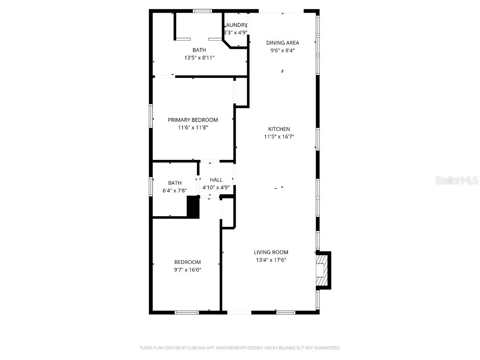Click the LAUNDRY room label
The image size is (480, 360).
point(236,25)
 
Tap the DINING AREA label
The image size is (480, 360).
point(283,43)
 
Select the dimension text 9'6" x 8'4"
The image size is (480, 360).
point(283,51)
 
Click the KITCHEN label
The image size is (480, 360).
point(279,129)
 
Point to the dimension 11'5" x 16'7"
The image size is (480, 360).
point(279,137)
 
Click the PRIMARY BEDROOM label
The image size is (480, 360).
point(193,120)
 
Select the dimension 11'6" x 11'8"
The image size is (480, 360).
point(193,127)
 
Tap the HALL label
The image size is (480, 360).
point(216,180)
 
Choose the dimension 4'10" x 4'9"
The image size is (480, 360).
point(216,187)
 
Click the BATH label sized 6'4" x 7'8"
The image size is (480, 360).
point(175,183)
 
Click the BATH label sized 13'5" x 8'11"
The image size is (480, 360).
point(199,50)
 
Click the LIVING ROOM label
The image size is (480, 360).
point(271,252)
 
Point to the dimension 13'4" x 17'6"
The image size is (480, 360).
point(271,260)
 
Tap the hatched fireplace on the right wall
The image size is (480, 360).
point(322,270)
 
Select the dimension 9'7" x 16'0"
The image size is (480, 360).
point(187,270)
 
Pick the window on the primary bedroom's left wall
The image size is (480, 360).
point(151,115)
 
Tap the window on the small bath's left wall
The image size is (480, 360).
point(151,186)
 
